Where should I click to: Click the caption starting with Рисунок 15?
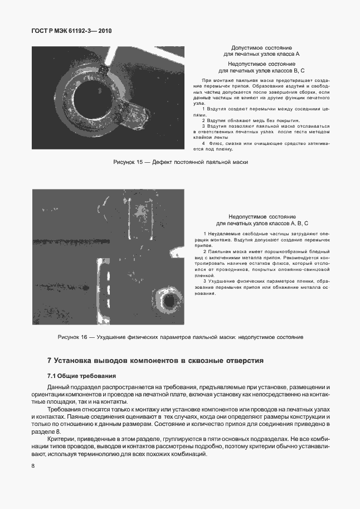click(x=180, y=162)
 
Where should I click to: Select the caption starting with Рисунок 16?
click(x=180, y=337)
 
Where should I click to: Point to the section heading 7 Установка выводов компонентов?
click(x=155, y=361)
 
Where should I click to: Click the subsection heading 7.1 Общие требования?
click(x=81, y=376)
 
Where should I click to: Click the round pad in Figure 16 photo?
click(x=167, y=302)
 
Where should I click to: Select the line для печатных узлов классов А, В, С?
click(x=261, y=223)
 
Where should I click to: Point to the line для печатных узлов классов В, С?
click(x=261, y=71)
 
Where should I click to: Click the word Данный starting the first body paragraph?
click(x=58, y=387)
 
